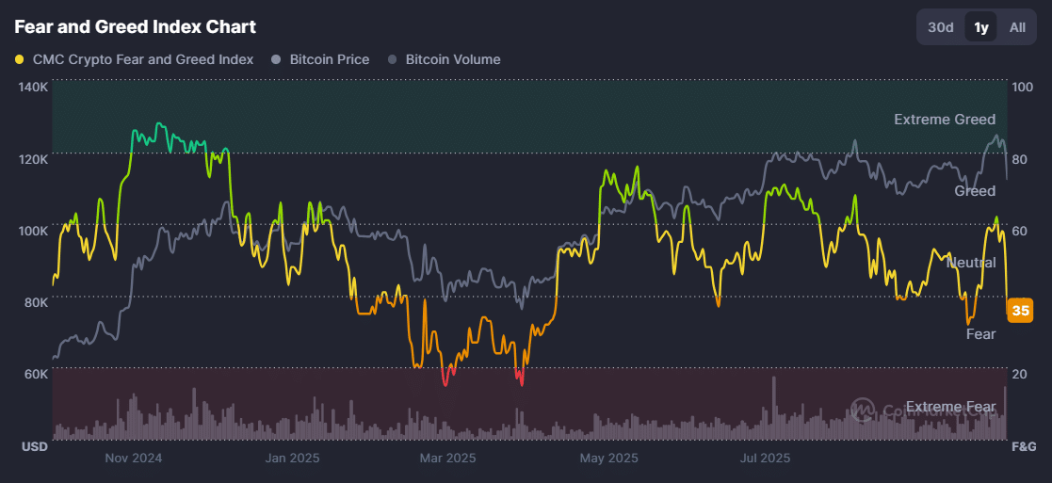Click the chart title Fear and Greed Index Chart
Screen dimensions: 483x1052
coord(135,27)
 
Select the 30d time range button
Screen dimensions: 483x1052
coord(941,27)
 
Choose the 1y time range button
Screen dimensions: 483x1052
coord(981,27)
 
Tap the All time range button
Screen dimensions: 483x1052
coord(1017,27)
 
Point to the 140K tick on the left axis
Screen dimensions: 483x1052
coord(33,87)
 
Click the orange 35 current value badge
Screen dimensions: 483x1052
coord(1020,310)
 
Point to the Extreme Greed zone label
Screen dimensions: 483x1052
coord(945,120)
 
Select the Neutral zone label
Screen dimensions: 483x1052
coord(971,263)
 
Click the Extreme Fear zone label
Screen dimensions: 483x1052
coord(950,407)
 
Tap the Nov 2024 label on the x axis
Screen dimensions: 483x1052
coord(134,459)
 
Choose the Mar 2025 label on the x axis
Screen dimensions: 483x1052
coord(447,459)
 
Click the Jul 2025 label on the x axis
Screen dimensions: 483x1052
coord(765,459)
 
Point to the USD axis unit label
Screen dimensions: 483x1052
coord(35,445)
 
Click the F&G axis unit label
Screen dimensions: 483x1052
coord(1023,445)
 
